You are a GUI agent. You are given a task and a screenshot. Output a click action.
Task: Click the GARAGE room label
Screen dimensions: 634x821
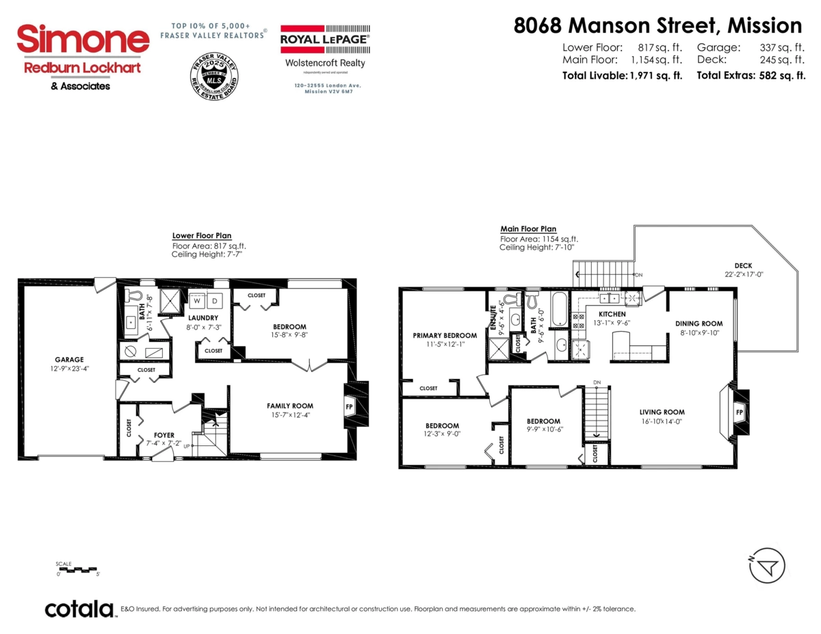(69, 359)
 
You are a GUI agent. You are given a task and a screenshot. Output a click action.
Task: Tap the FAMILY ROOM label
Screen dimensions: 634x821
(289, 406)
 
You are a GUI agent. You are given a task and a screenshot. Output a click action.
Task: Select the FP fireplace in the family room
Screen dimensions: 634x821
(350, 406)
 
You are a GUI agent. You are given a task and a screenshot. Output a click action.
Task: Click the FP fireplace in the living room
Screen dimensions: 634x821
(739, 412)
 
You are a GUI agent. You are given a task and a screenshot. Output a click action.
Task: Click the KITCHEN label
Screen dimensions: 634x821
(612, 313)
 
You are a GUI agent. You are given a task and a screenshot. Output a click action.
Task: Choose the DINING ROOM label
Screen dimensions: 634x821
(699, 323)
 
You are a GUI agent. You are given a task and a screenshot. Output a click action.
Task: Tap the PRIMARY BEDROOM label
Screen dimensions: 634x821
(445, 335)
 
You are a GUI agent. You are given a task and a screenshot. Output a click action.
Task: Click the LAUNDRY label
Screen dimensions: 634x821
(203, 317)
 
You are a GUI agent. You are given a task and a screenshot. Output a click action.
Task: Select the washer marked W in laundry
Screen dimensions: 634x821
(197, 301)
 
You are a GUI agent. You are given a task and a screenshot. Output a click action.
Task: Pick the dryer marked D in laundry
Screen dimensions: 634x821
(214, 301)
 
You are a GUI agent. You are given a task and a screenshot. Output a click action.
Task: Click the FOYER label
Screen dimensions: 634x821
(164, 435)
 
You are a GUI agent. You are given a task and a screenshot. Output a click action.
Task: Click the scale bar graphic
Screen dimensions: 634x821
(77, 569)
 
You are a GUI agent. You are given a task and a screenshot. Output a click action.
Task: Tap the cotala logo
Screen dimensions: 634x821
(79, 609)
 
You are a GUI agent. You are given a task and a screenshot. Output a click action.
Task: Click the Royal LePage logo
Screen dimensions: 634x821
(325, 40)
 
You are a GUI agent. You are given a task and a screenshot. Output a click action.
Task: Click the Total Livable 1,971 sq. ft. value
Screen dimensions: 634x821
(655, 76)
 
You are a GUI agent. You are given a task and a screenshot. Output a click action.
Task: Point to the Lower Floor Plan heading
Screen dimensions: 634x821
(202, 235)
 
